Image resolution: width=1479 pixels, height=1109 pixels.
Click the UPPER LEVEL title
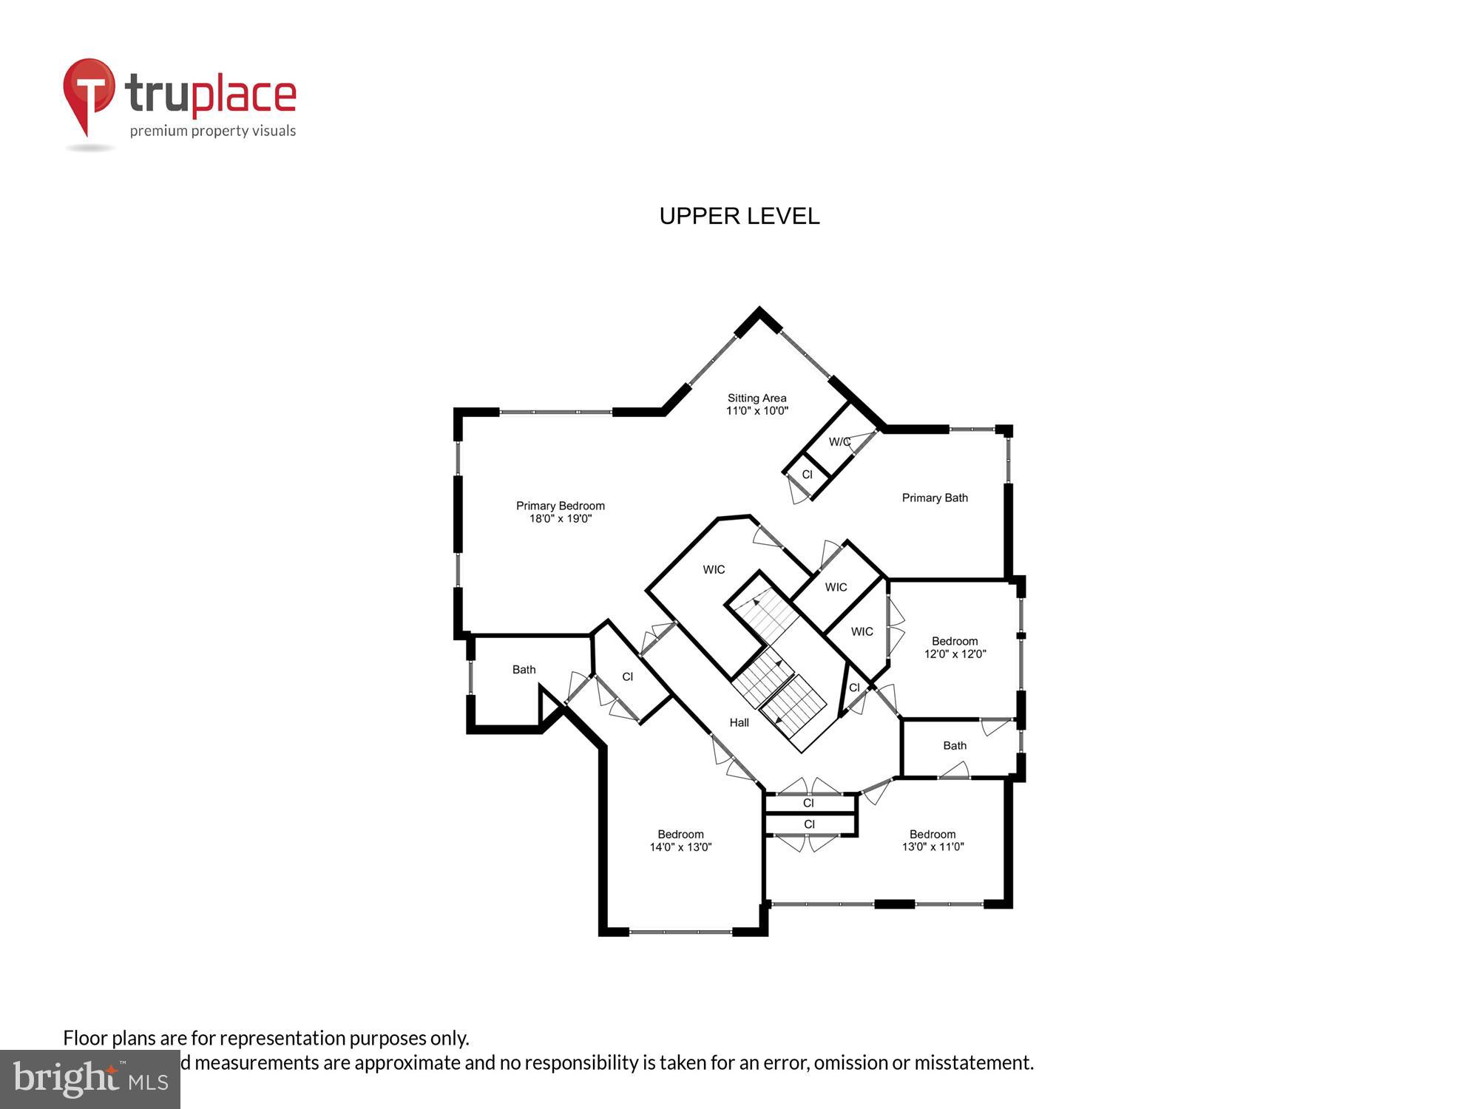coord(739,216)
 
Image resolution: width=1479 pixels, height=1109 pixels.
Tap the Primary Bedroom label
coord(560,506)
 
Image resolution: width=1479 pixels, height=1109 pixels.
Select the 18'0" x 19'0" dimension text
coord(560,519)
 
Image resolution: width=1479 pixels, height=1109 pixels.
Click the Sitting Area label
coord(757,398)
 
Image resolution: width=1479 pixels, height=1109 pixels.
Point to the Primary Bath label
coord(934,498)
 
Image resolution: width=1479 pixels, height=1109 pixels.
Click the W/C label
coord(839,442)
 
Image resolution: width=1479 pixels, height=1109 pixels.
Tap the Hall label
coord(739,722)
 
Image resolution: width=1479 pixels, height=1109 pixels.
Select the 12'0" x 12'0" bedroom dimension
coord(955,654)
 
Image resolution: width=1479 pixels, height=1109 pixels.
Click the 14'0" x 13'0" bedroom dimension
coord(680,847)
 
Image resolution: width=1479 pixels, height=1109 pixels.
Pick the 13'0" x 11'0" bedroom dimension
coord(933,847)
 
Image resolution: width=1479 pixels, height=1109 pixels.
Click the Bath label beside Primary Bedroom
coord(524,670)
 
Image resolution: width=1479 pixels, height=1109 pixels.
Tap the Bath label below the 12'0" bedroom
coord(954,745)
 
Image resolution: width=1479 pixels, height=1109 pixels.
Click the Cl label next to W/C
coord(807,475)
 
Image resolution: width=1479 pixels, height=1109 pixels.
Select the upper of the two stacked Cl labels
coord(808,803)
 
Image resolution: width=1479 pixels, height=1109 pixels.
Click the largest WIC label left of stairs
coord(714,569)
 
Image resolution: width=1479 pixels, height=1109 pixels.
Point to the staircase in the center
coord(776,665)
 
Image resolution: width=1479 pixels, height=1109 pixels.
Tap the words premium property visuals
coord(213,132)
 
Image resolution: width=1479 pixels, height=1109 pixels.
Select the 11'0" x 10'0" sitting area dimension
coord(757,411)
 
